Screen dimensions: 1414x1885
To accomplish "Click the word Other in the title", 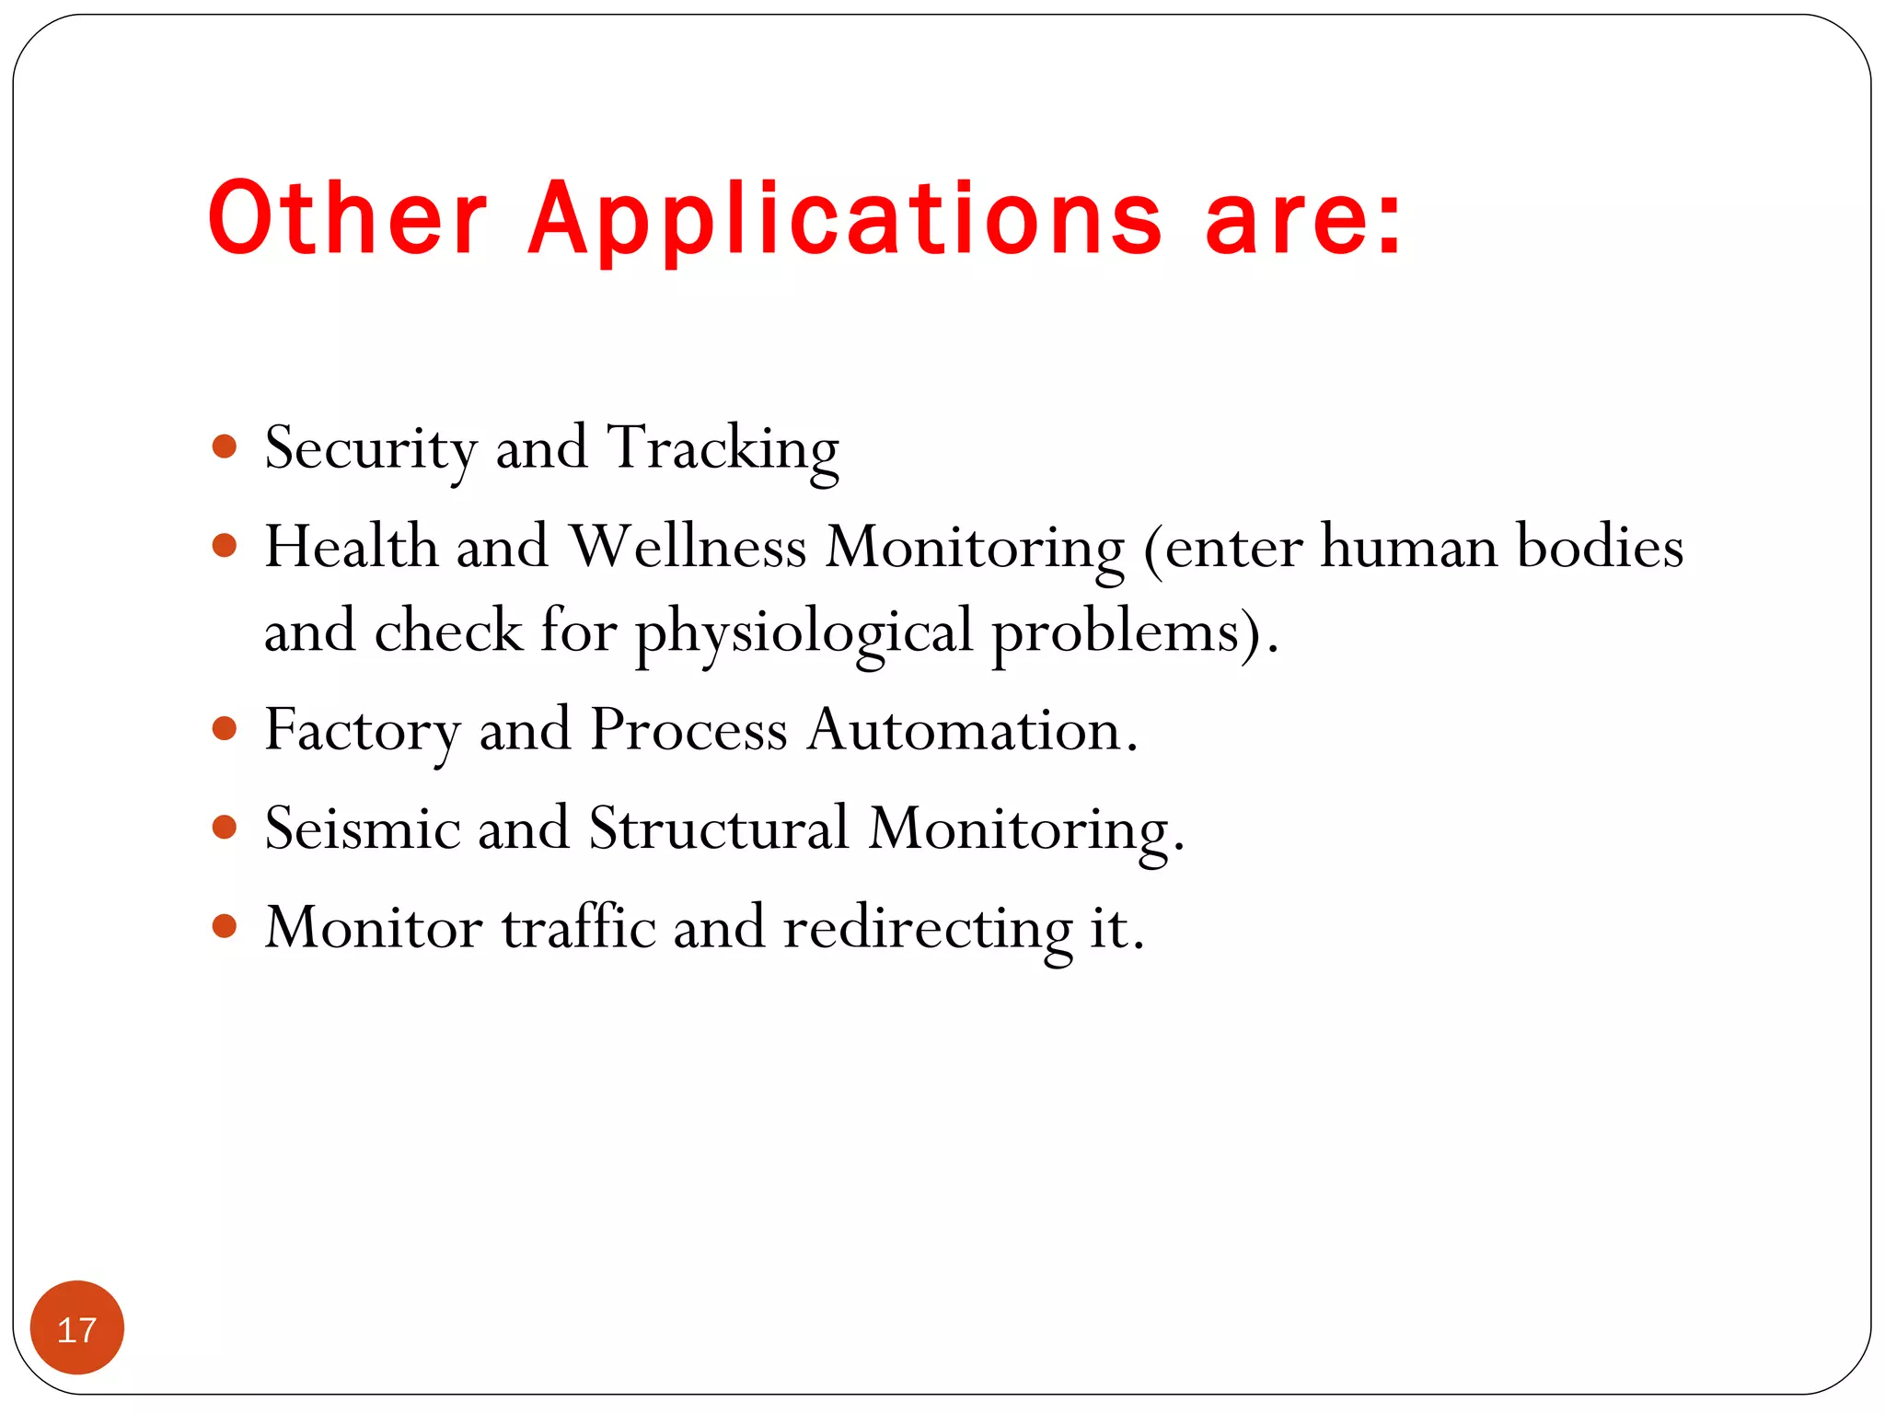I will (347, 218).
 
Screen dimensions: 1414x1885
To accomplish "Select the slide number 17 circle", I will (77, 1328).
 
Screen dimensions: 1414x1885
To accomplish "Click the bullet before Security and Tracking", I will (225, 447).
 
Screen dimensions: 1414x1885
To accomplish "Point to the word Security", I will (370, 449).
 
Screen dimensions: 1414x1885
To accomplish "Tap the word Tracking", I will (723, 449).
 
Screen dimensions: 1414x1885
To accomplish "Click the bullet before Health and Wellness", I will (225, 546).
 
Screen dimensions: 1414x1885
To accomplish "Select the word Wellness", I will (688, 547).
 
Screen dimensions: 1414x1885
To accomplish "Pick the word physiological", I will (804, 633).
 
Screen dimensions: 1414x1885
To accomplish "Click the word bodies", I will (1600, 547).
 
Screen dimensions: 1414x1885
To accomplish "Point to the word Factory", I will (362, 731).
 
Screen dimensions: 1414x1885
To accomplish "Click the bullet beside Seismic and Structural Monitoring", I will (225, 827).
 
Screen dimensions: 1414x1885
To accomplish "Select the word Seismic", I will (362, 828).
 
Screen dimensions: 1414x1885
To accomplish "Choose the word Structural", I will (718, 828).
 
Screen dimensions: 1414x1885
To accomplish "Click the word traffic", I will (579, 926).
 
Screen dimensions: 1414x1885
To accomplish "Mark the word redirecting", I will (928, 928).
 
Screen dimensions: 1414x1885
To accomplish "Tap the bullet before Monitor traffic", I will (225, 925).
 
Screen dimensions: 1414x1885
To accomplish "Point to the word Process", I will (688, 730).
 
